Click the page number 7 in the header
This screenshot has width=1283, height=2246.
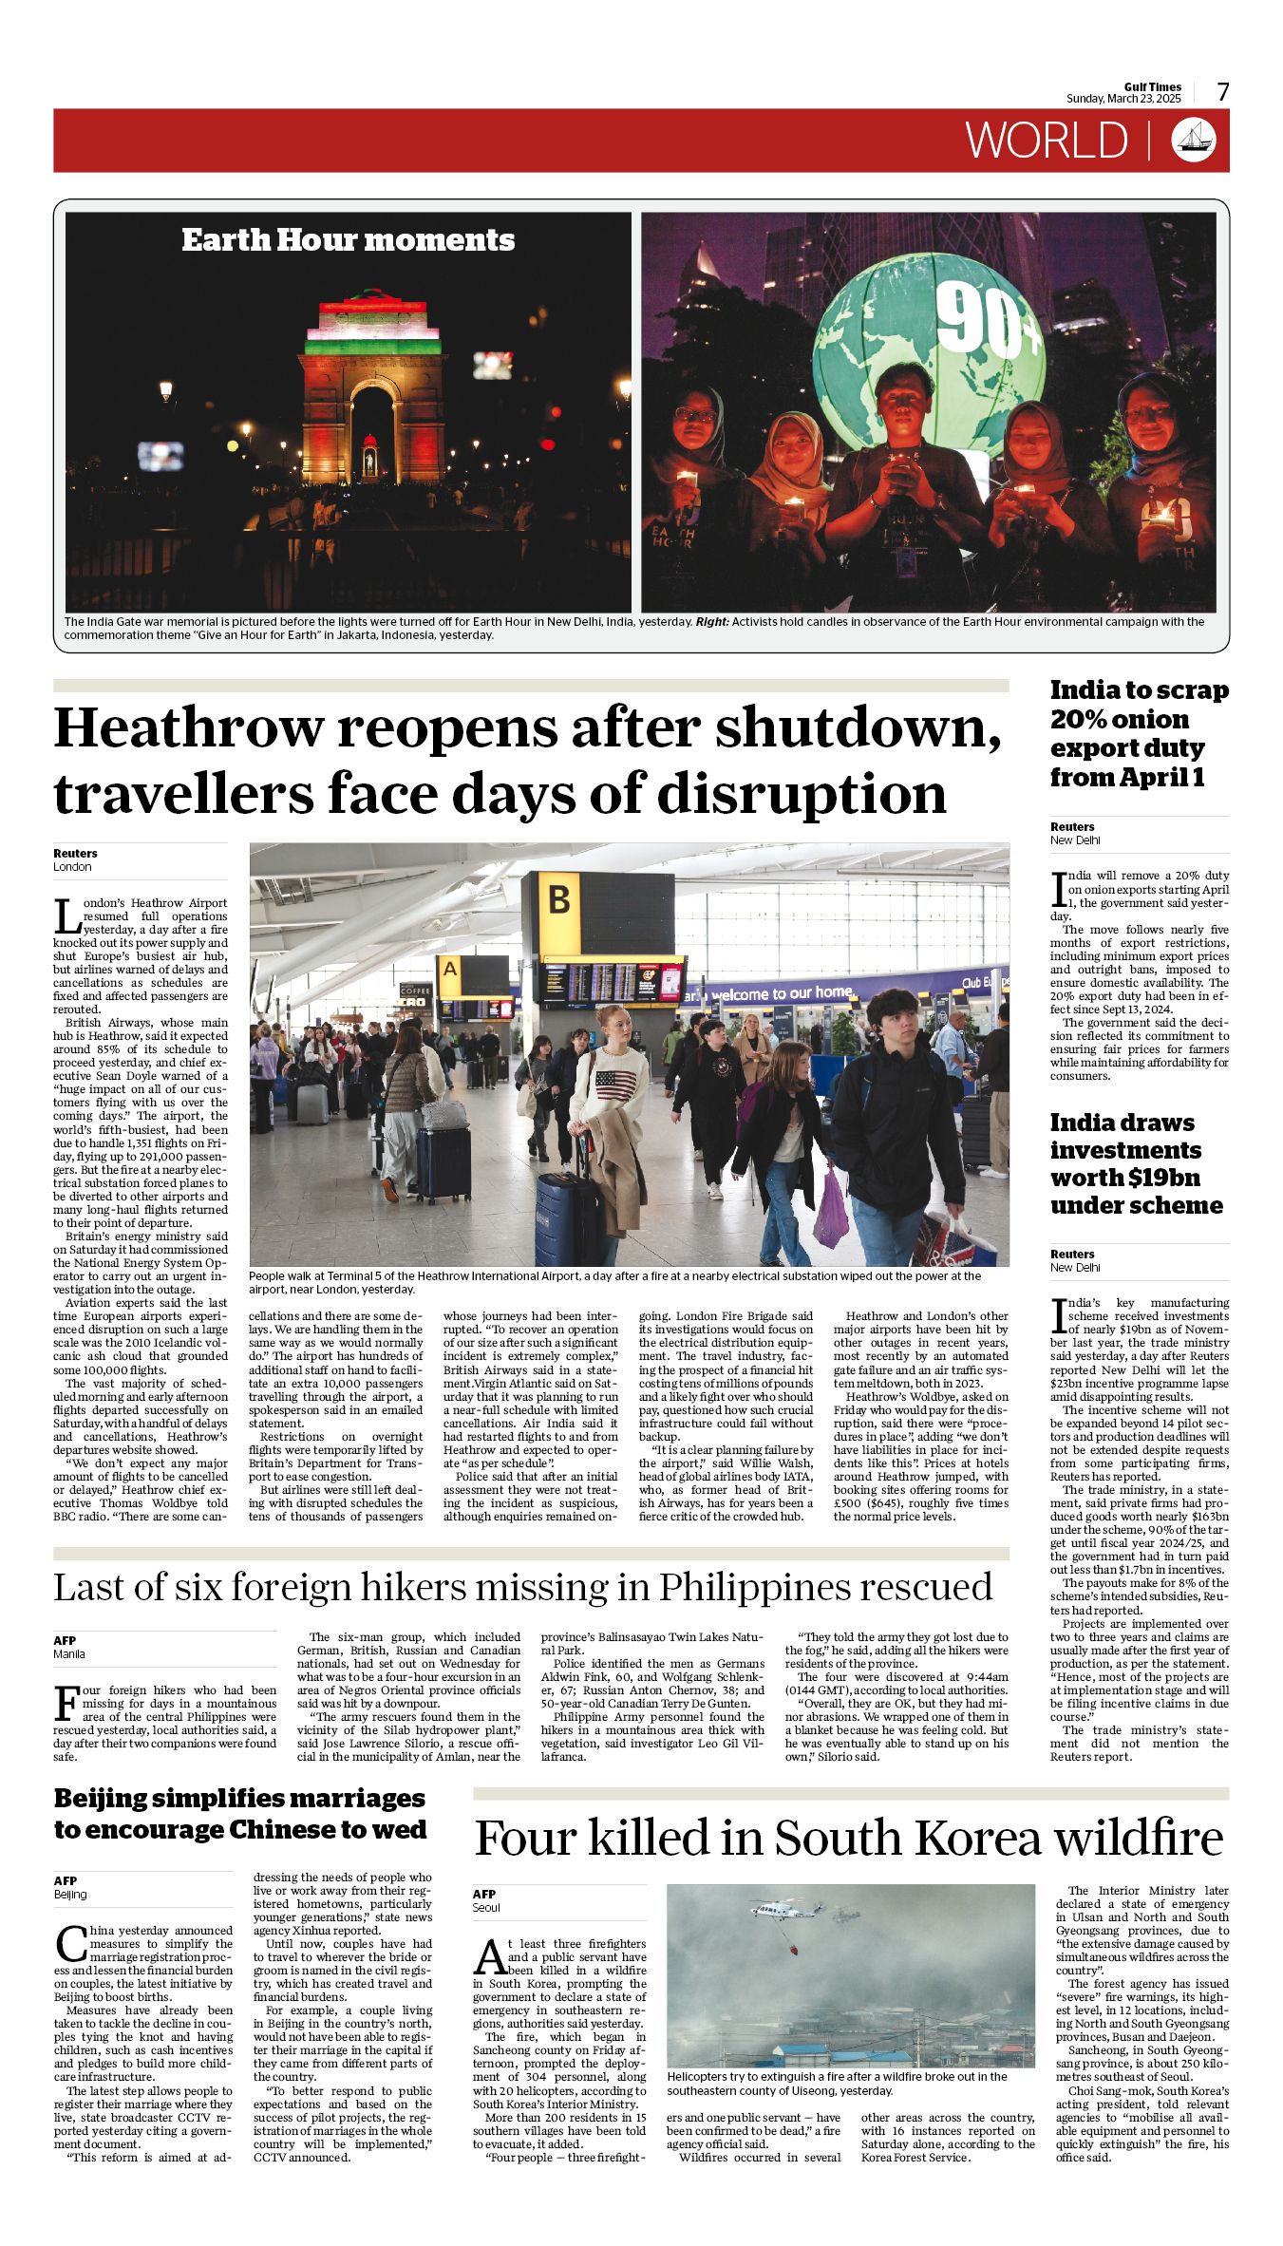[x=1223, y=92]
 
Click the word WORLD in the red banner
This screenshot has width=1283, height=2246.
[x=1047, y=141]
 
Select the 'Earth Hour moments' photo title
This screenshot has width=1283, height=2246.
[x=348, y=240]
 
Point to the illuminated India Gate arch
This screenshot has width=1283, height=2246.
[x=372, y=389]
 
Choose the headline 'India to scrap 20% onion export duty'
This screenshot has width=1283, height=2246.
[x=1138, y=733]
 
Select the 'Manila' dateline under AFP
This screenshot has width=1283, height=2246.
[x=69, y=1653]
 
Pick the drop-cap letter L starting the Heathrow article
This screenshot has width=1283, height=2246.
[x=66, y=915]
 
